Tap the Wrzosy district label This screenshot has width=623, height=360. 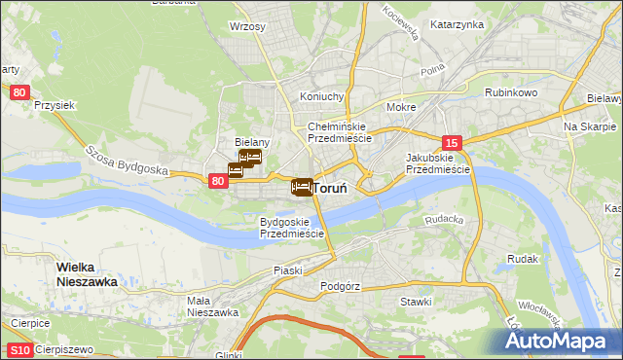pyautogui.click(x=247, y=26)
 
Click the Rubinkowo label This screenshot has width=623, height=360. pyautogui.click(x=512, y=92)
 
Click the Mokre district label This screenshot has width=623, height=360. pyautogui.click(x=401, y=107)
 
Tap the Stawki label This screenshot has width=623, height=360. pyautogui.click(x=416, y=302)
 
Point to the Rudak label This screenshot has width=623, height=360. pyautogui.click(x=523, y=260)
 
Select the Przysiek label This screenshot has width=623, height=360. pyautogui.click(x=55, y=105)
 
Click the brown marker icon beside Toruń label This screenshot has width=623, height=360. pyautogui.click(x=302, y=186)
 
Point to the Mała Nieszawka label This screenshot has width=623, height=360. pyautogui.click(x=213, y=306)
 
